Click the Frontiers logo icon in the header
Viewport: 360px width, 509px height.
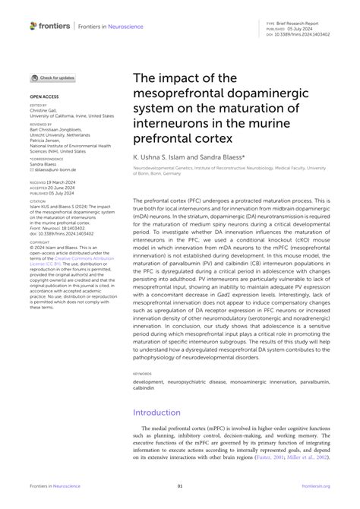(33, 26)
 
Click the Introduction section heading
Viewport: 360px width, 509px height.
(161, 413)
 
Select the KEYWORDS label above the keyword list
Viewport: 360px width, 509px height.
(142, 375)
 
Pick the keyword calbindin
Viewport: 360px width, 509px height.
(145, 389)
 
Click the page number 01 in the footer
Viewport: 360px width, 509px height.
(180, 486)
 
